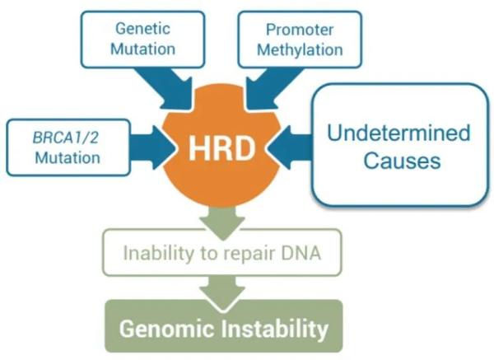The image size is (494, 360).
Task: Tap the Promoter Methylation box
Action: pyautogui.click(x=300, y=39)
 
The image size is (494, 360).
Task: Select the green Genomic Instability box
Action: pyautogui.click(x=223, y=329)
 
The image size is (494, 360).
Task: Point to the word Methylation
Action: pyautogui.click(x=300, y=49)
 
